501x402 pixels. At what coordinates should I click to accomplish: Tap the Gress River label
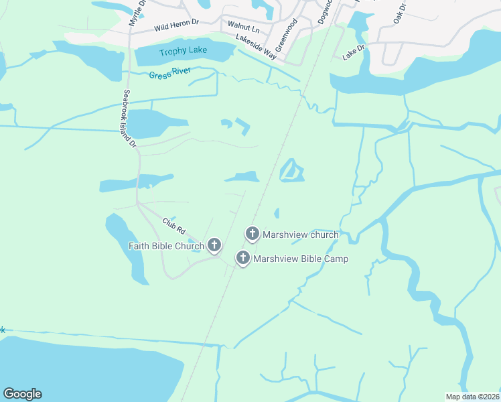point(171,72)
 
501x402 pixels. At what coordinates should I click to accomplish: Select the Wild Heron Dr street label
point(177,25)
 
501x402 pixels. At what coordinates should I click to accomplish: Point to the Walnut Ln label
point(243,27)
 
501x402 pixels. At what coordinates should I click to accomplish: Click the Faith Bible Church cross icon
point(214,245)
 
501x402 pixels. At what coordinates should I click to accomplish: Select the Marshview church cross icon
point(253,234)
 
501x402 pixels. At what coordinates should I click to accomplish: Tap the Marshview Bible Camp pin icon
point(243,257)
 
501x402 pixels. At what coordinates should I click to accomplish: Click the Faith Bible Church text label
point(166,246)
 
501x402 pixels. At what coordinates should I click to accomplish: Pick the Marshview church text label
point(301,234)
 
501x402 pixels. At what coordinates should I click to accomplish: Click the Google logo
point(22,394)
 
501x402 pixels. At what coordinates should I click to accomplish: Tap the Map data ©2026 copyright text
point(472,397)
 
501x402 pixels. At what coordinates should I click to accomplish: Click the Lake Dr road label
point(353,53)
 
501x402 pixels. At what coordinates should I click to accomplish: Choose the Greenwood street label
point(289,29)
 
